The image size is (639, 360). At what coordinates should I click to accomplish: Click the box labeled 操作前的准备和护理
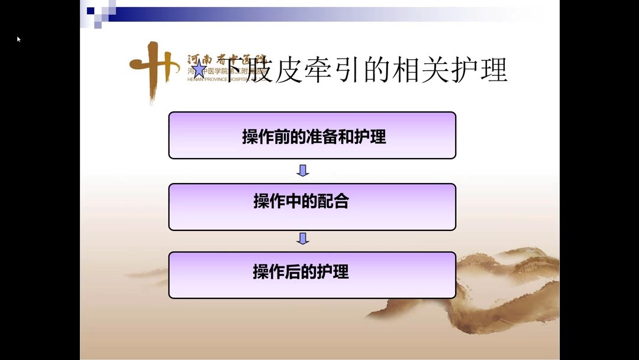click(x=312, y=136)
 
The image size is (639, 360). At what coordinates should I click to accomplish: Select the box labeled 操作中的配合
click(x=312, y=207)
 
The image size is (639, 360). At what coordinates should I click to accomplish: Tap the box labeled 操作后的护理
click(x=312, y=275)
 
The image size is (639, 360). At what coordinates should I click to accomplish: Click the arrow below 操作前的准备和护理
click(x=303, y=171)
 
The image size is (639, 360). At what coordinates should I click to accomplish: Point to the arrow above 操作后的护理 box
click(x=303, y=239)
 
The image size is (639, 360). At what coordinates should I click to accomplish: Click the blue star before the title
click(x=199, y=70)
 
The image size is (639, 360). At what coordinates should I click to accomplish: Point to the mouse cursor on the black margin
click(x=18, y=39)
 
